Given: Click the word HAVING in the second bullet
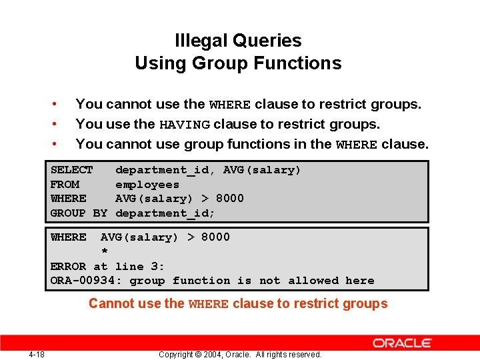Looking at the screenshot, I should [x=185, y=125].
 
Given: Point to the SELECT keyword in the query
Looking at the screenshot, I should [x=72, y=170].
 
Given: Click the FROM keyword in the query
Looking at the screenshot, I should [x=65, y=185].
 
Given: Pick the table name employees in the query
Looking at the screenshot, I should [x=147, y=185].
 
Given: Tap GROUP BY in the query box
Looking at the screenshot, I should [x=79, y=213].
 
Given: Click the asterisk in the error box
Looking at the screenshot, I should [x=104, y=251].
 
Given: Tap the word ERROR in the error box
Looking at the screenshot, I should [x=68, y=266].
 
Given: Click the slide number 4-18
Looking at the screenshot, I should [x=37, y=354].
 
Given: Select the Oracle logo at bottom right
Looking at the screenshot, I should [x=402, y=343].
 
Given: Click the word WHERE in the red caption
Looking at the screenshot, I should [x=209, y=305].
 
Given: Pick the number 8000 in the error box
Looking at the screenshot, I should [x=215, y=237].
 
